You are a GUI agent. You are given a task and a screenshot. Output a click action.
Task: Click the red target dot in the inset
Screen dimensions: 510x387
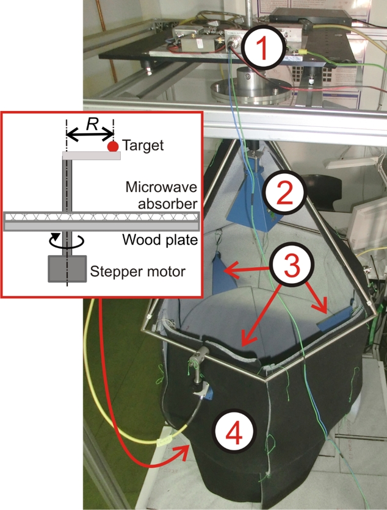(x=112, y=146)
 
